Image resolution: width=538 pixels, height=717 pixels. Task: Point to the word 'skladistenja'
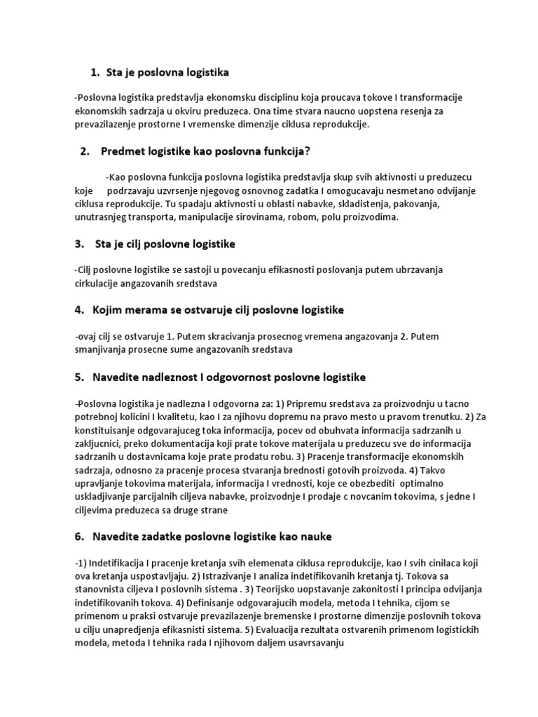[368, 204]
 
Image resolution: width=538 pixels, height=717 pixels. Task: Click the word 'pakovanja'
[427, 204]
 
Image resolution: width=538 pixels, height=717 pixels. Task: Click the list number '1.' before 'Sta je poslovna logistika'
[95, 72]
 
